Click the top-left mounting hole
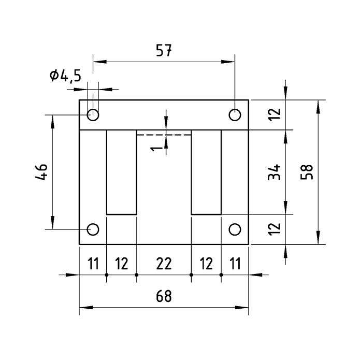point(93,114)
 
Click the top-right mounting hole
point(235,114)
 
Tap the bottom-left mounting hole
point(93,229)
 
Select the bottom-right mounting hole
point(235,229)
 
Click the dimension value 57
point(164,51)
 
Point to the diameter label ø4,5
point(66,76)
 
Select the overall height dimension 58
point(306,172)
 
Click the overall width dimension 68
point(164,296)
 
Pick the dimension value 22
point(164,264)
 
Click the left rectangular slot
point(122,172)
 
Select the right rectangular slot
point(206,172)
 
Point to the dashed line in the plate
point(164,135)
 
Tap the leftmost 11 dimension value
point(93,264)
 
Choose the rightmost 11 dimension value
point(235,264)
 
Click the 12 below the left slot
point(122,264)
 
